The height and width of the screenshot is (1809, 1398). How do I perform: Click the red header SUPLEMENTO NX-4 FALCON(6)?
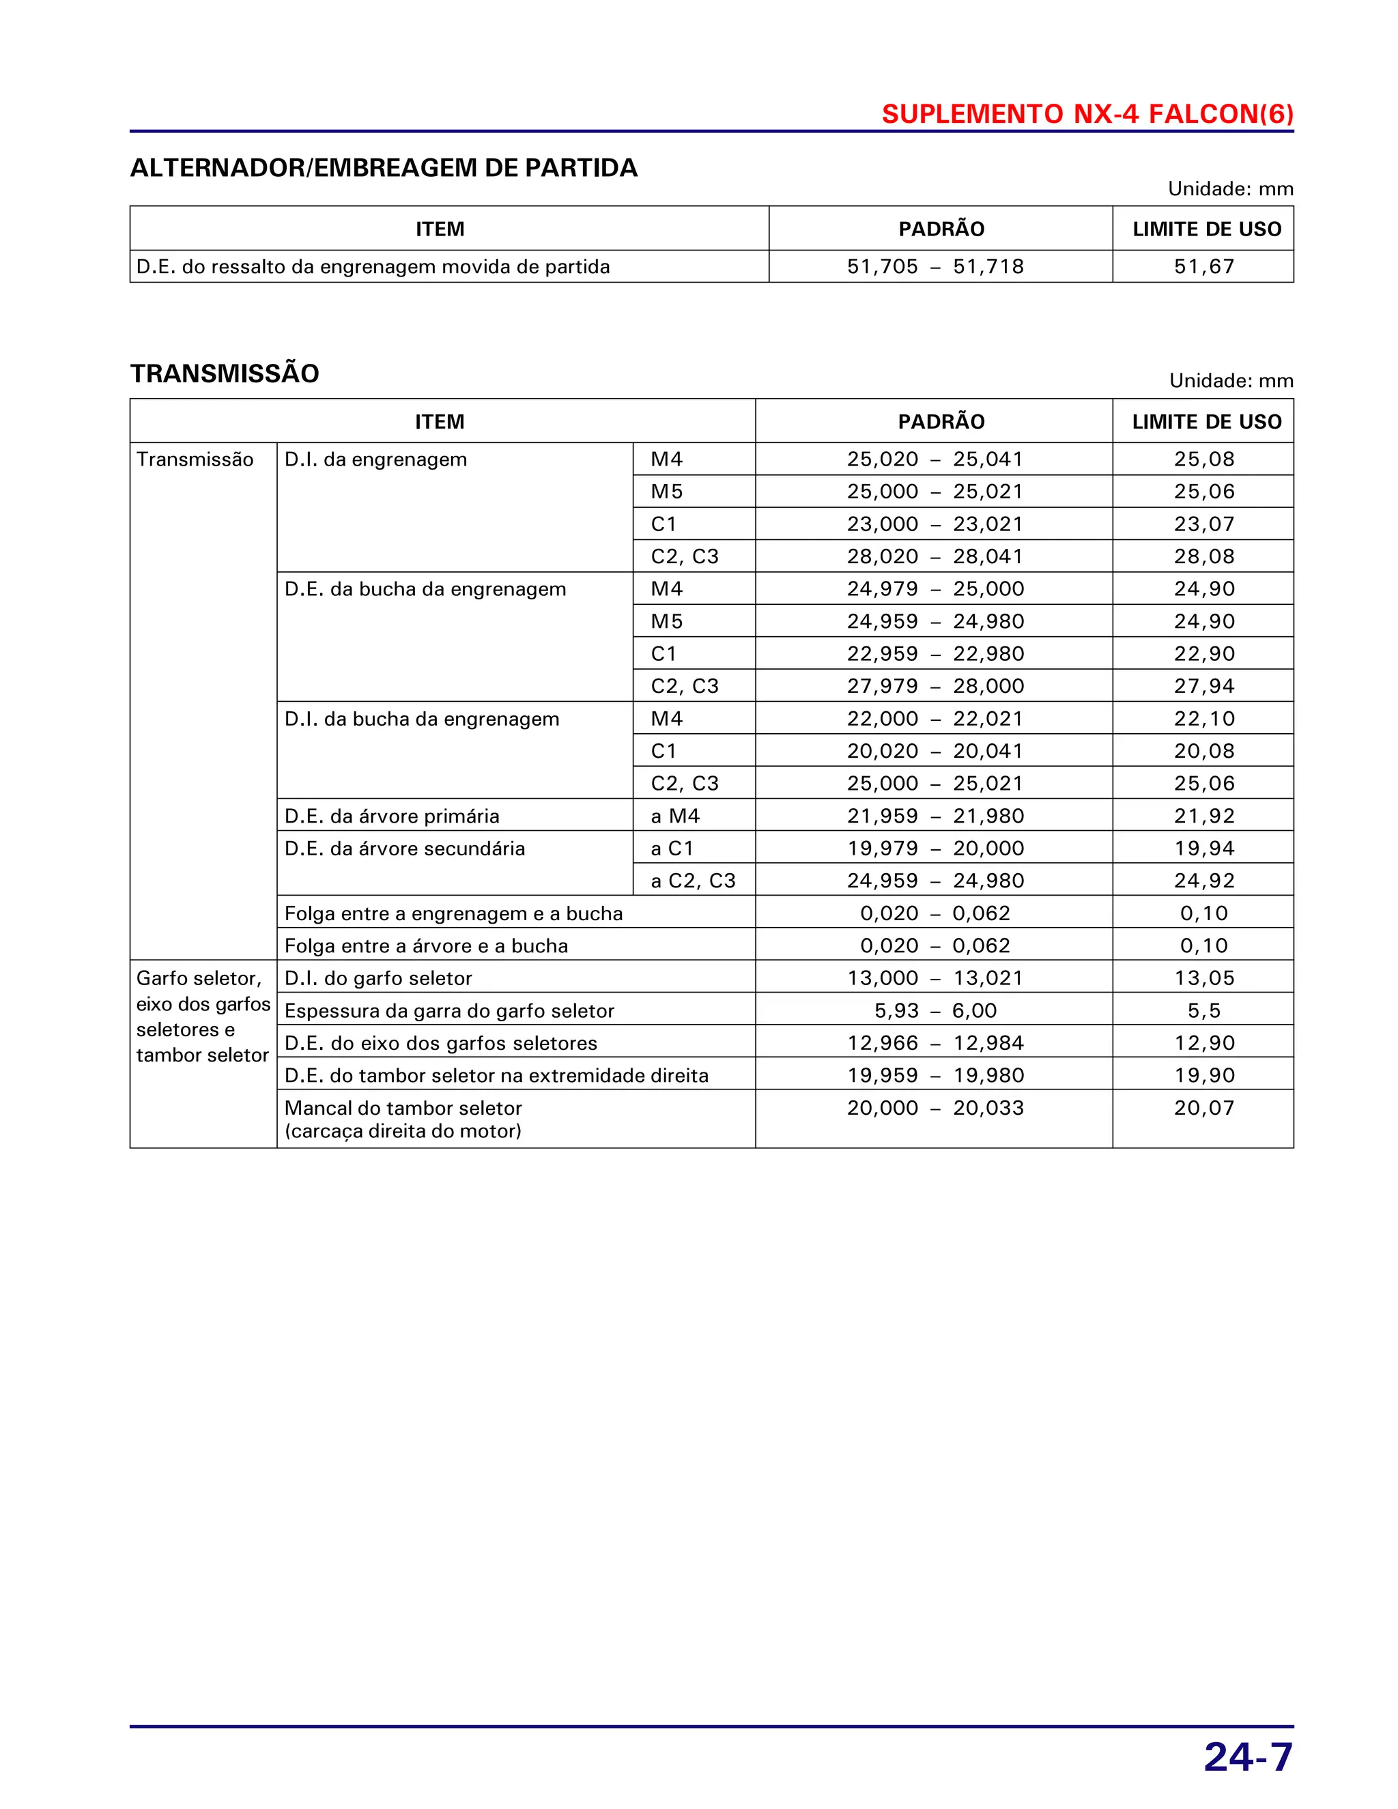[x=1087, y=113]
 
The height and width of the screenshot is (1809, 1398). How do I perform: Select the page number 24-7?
[x=1247, y=1757]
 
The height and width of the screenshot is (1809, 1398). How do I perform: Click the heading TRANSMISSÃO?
[x=225, y=373]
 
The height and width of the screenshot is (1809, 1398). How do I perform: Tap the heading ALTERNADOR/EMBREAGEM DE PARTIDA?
[x=384, y=168]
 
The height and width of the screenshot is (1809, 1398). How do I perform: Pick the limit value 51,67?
[x=1203, y=267]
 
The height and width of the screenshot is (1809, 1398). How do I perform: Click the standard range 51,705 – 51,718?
[x=935, y=267]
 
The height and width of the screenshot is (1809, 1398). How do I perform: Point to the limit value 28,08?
[x=1203, y=556]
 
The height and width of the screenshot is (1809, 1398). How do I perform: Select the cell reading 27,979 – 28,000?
[x=935, y=686]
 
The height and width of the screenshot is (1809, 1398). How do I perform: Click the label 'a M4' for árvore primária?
[x=675, y=816]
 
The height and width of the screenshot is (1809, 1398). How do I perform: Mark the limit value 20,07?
[x=1203, y=1107]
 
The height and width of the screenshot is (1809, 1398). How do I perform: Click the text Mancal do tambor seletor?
[x=403, y=1108]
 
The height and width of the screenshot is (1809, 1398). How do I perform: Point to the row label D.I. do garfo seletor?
[x=377, y=978]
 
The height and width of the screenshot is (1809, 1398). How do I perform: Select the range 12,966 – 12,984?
[x=935, y=1043]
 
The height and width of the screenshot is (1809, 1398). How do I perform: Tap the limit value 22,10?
[x=1203, y=719]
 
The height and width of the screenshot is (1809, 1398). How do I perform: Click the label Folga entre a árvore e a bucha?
[x=426, y=946]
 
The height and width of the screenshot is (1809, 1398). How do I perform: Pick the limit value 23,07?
[x=1203, y=524]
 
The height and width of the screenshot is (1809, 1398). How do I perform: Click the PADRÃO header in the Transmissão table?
[x=941, y=422]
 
